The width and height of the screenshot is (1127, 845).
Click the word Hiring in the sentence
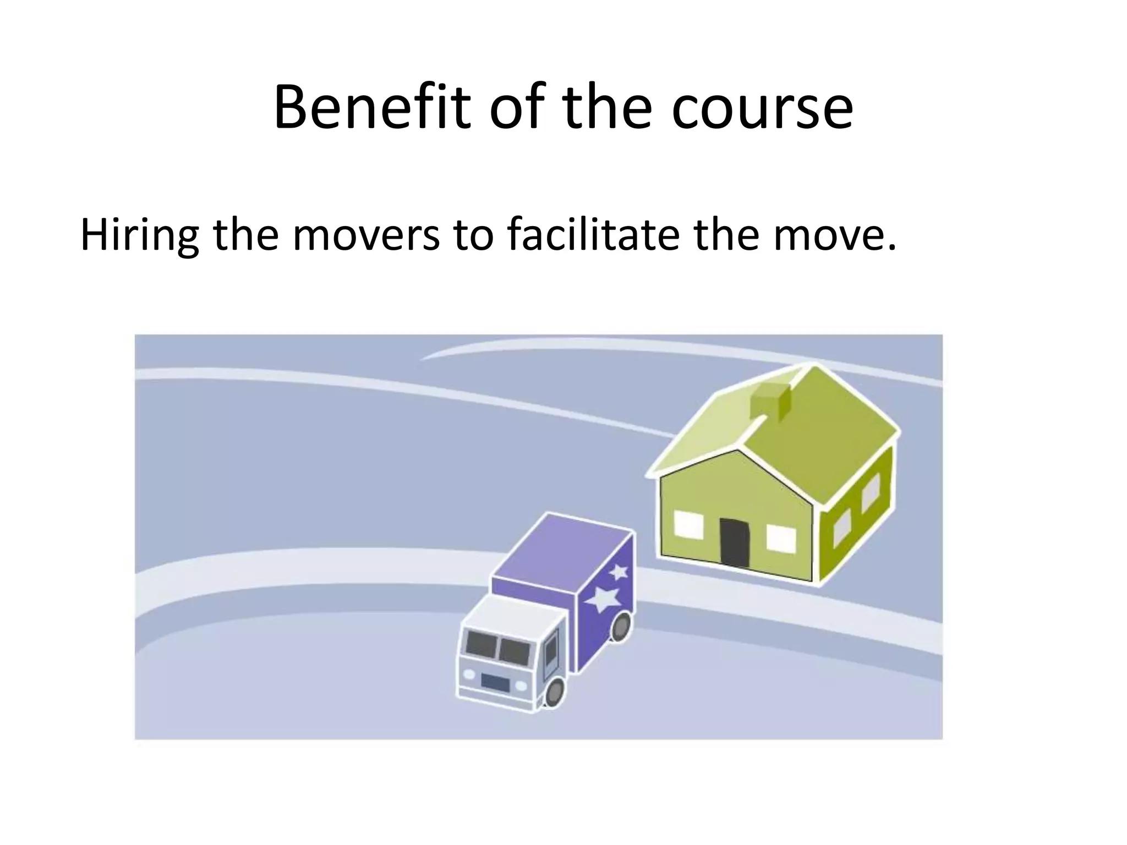[x=140, y=235]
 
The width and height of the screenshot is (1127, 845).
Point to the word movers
[x=366, y=235]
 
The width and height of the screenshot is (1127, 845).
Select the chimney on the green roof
[x=770, y=400]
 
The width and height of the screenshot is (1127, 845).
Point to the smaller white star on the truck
[x=619, y=572]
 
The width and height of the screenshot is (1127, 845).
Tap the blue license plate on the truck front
[x=495, y=683]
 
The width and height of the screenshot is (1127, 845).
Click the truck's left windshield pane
[x=482, y=644]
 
